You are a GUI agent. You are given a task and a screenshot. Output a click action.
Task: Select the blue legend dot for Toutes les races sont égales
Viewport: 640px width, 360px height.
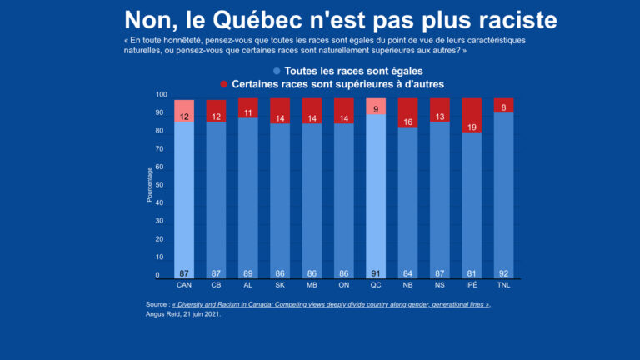276,72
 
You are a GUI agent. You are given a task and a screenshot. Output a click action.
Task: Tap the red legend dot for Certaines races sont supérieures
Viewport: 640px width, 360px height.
223,84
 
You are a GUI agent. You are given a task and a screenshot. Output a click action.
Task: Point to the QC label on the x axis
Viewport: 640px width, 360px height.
375,286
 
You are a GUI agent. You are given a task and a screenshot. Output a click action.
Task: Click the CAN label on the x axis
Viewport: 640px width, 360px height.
184,286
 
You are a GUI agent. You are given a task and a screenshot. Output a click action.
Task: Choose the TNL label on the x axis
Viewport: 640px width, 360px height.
503,286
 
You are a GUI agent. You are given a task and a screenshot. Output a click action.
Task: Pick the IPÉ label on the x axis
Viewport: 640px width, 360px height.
472,286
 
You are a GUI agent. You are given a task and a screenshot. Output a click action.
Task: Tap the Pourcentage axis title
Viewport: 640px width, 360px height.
149,185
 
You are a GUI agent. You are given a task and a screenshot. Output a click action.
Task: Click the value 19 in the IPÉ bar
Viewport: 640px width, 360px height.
472,127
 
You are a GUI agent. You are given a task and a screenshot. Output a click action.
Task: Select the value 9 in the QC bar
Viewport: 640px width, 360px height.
376,109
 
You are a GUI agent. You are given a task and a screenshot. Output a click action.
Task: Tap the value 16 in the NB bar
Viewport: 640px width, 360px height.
407,122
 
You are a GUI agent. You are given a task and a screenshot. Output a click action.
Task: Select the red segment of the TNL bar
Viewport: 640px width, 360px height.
503,106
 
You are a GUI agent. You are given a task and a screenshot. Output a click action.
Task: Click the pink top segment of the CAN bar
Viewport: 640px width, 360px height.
184,111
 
